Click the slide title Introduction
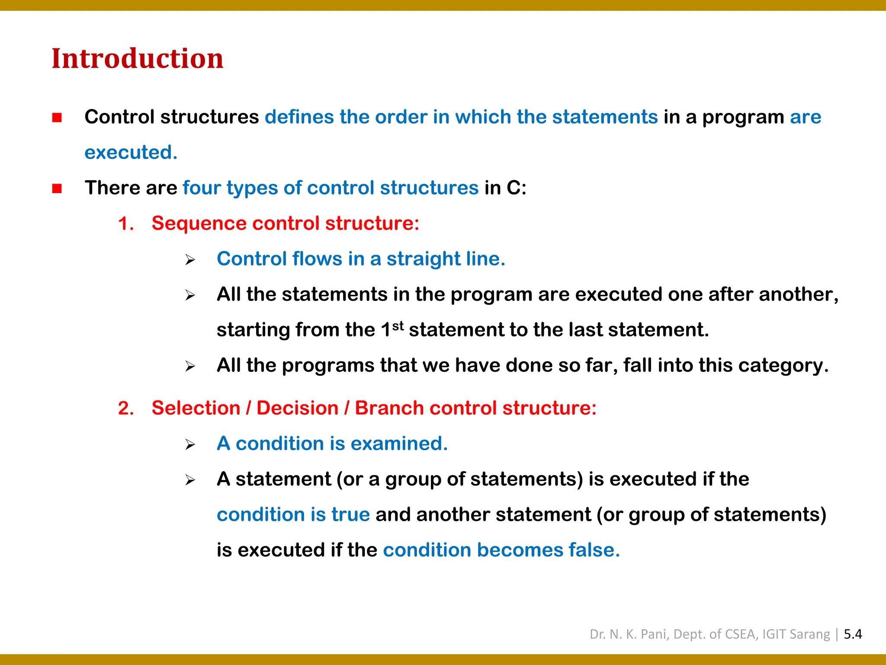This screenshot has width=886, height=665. tap(138, 58)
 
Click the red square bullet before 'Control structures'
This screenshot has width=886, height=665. tap(57, 118)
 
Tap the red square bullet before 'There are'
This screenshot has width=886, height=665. tap(57, 189)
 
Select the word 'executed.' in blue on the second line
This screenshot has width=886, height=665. tap(131, 153)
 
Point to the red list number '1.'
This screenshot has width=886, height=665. tap(126, 224)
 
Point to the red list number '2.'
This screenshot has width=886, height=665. tap(126, 409)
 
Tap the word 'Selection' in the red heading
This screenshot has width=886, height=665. tap(196, 408)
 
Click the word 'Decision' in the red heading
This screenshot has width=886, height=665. tap(297, 408)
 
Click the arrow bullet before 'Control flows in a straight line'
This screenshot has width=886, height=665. tap(190, 260)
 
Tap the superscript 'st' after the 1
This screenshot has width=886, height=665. tap(398, 326)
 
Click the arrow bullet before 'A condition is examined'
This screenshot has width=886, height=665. tap(190, 445)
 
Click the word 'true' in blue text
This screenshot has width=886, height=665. tap(350, 515)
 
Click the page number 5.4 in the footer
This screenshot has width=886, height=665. tap(853, 634)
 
